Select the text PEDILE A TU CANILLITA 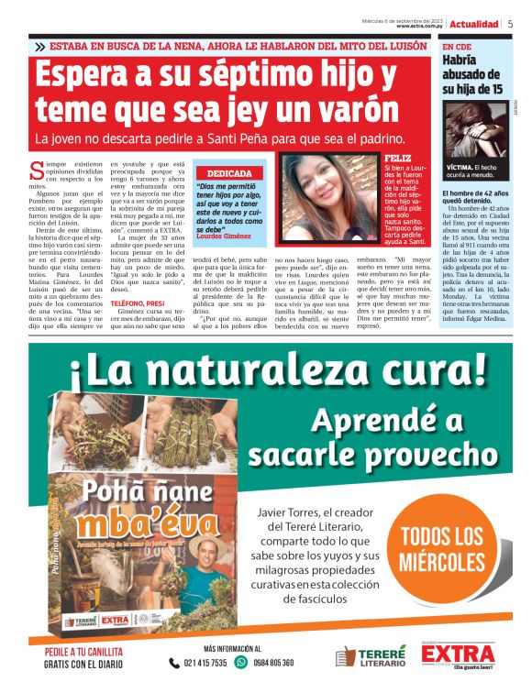pyautogui.click(x=83, y=652)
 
